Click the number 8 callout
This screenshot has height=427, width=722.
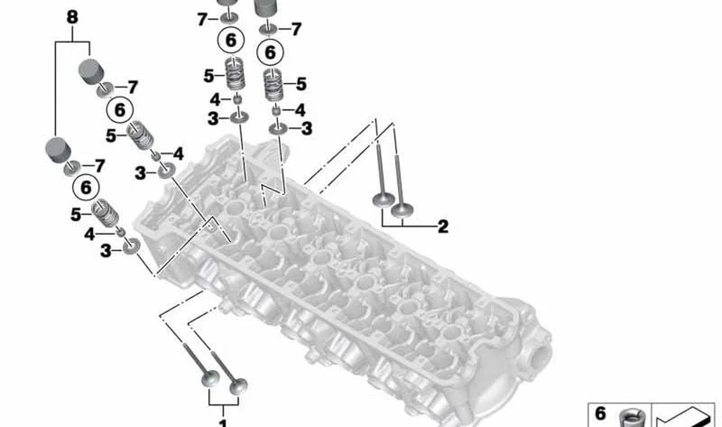tap(72, 17)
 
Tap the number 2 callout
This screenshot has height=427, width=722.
tap(442, 227)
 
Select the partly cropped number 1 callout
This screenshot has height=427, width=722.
tap(223, 422)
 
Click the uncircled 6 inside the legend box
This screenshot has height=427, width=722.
tap(600, 413)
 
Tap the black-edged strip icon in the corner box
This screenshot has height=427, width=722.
tap(684, 417)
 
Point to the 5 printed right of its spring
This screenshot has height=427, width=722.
tap(301, 84)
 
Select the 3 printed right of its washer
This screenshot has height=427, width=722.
tap(307, 128)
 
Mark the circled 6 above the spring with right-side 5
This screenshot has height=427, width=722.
tap(270, 52)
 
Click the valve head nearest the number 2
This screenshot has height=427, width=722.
tap(402, 211)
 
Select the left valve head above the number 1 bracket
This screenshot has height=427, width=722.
tap(210, 378)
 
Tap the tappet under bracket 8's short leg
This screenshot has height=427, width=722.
tap(91, 71)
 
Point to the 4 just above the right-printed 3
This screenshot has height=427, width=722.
tap(300, 110)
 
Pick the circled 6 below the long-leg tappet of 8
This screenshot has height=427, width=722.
tap(86, 188)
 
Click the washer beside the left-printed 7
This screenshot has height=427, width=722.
tap(229, 18)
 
